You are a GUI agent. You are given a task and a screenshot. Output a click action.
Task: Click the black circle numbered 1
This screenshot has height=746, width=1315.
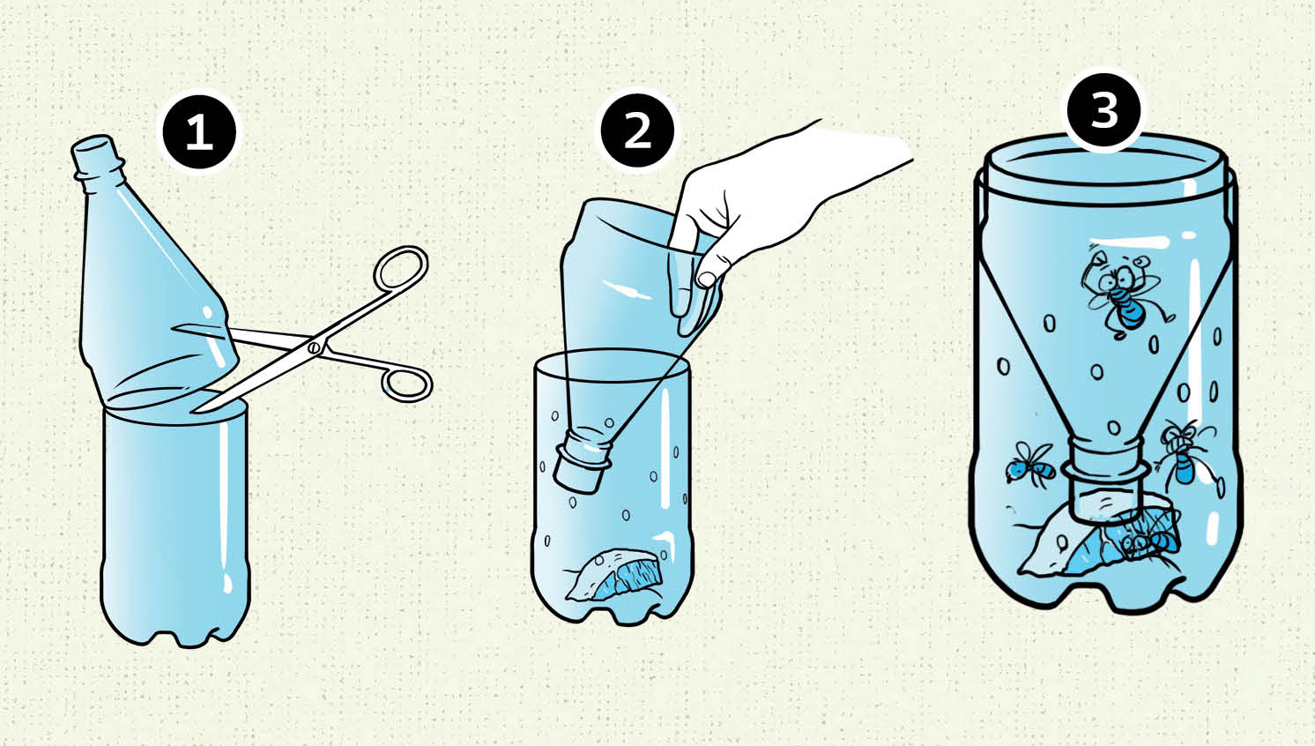[x=199, y=133]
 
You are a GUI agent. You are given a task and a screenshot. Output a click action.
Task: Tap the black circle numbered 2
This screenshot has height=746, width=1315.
[x=637, y=131]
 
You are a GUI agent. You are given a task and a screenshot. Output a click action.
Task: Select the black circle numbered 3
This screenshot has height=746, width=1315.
[x=1104, y=110]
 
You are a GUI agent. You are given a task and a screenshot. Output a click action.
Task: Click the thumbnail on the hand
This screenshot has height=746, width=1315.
[x=707, y=278]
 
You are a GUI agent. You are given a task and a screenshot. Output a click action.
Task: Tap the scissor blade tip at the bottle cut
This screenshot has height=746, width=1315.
[x=196, y=409]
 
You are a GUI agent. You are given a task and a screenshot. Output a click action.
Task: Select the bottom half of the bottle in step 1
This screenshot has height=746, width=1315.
[x=175, y=523]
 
